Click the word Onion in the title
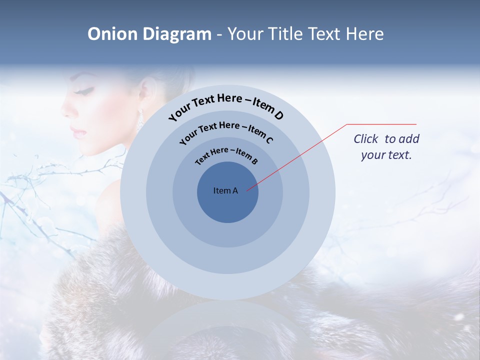click(x=112, y=34)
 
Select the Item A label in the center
click(x=225, y=190)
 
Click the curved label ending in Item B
click(x=226, y=154)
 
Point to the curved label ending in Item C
click(x=226, y=130)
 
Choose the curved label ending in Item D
click(x=226, y=105)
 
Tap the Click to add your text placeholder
click(x=386, y=146)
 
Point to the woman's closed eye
click(x=85, y=92)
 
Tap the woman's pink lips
click(x=76, y=131)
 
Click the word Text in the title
click(x=320, y=34)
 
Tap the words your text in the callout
click(x=386, y=155)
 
